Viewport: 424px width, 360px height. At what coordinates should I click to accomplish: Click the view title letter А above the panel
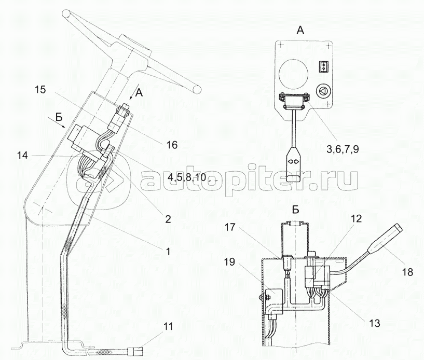(x=300, y=31)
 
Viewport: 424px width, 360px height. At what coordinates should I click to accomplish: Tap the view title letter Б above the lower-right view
(x=295, y=210)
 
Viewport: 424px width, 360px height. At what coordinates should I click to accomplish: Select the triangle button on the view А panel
(x=323, y=91)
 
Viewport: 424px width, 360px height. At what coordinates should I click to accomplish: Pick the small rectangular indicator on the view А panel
(x=323, y=66)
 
